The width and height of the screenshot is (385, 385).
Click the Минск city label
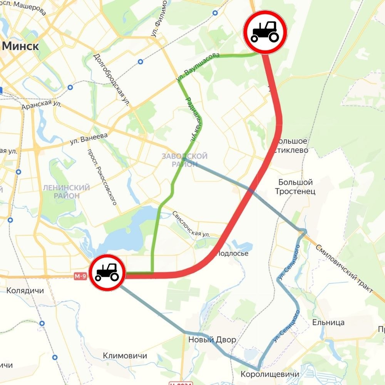tap(21, 47)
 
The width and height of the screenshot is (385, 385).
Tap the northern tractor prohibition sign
tap(265, 32)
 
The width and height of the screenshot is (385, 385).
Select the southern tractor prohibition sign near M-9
tap(107, 273)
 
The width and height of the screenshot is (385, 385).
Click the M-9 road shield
tap(80, 276)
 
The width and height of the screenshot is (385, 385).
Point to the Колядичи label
tap(25, 291)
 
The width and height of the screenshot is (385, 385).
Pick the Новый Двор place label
tap(212, 340)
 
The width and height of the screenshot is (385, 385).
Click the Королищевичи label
tap(269, 375)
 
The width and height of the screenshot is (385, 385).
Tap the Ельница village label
tap(328, 323)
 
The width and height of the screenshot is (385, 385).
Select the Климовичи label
tap(125, 356)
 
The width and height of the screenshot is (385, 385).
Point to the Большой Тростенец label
tap(295, 187)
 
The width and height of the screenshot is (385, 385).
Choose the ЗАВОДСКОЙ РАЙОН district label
tap(184, 160)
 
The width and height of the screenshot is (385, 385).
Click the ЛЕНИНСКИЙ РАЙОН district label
tap(66, 191)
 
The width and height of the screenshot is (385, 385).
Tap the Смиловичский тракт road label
tap(344, 268)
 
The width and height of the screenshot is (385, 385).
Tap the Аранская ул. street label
tap(42, 104)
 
